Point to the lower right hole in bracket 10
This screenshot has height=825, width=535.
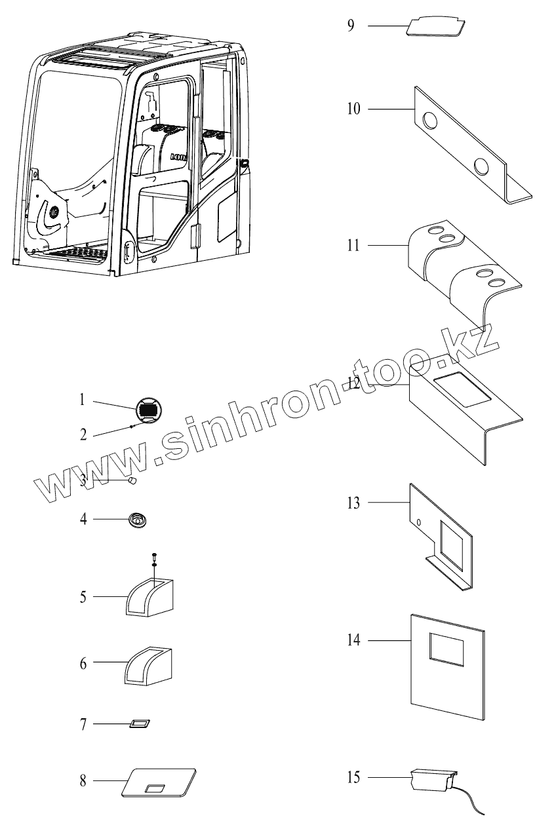[x=483, y=166]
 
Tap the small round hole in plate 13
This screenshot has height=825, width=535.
[x=418, y=522]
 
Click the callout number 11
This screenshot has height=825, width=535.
[x=353, y=246]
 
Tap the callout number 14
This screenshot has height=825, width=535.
[x=354, y=640]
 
